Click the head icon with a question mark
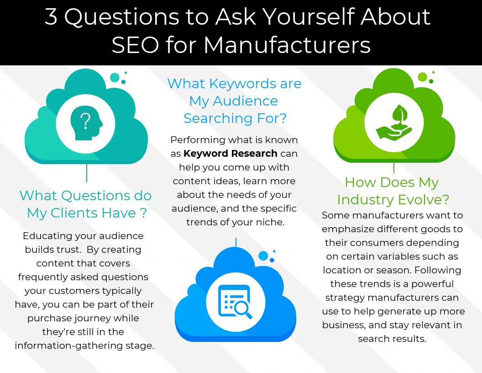(86, 123)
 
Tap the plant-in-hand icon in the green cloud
(394, 123)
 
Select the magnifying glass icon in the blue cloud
(242, 309)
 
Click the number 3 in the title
(51, 16)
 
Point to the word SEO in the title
(135, 45)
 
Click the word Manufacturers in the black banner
(287, 45)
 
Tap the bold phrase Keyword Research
(230, 153)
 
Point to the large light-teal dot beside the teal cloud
(115, 78)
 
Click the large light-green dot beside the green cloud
(423, 77)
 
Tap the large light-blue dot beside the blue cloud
(263, 256)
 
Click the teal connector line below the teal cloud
(87, 173)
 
